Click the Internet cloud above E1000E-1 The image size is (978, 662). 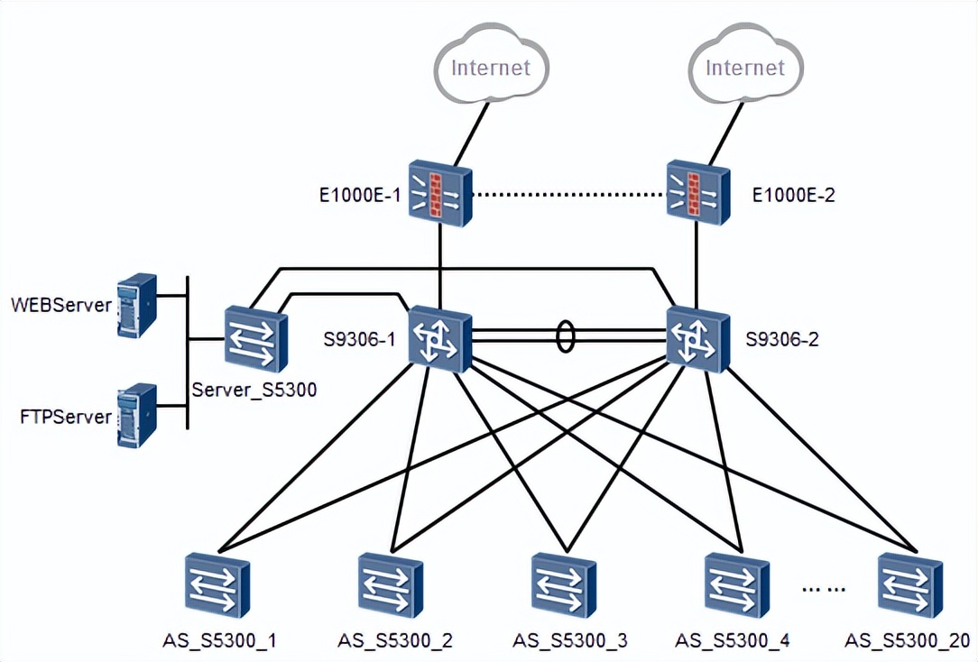click(x=490, y=67)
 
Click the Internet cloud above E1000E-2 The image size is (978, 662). click(x=745, y=67)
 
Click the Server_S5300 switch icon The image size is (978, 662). click(x=255, y=338)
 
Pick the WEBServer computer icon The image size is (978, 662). click(x=137, y=305)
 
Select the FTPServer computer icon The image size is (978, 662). click(x=137, y=416)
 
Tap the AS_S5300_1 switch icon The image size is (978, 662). click(x=217, y=585)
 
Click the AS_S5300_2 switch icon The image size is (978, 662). click(x=391, y=585)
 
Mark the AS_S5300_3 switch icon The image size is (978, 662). click(x=564, y=585)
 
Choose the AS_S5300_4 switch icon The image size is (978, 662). click(x=737, y=585)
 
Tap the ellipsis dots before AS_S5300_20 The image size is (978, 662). click(x=824, y=591)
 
